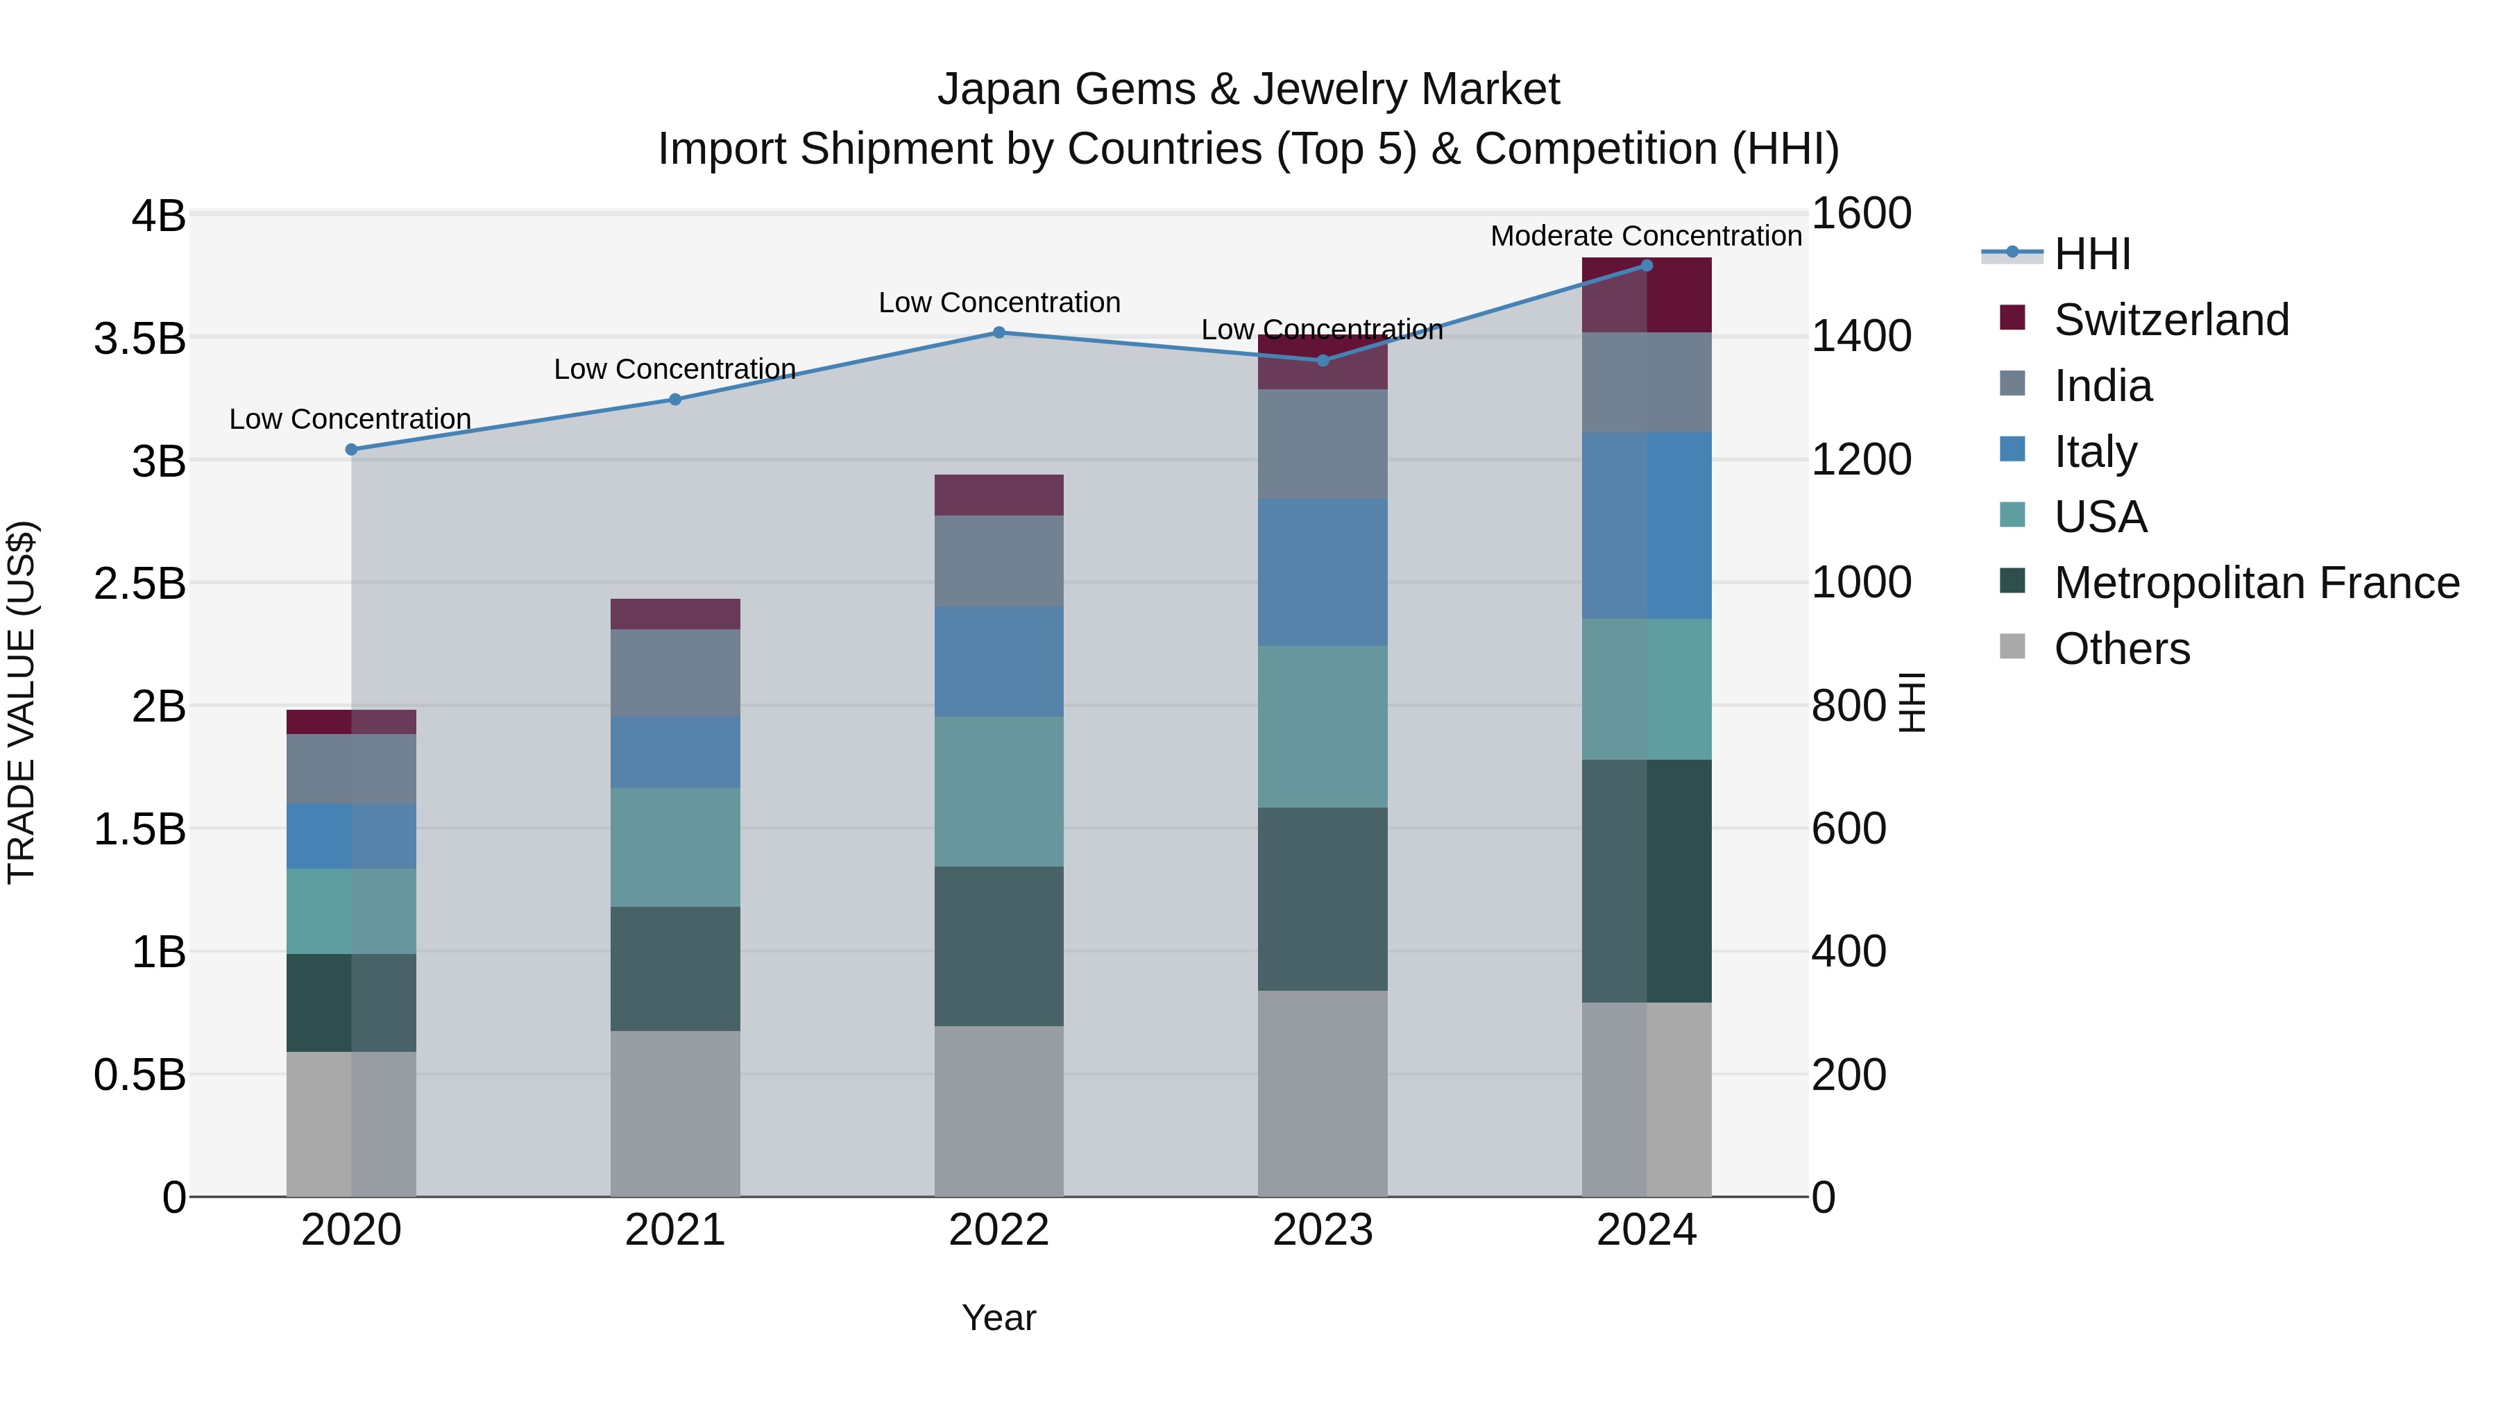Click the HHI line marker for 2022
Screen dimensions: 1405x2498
tap(999, 332)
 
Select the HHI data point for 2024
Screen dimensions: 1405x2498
tap(1647, 266)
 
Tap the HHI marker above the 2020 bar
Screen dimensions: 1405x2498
tap(351, 450)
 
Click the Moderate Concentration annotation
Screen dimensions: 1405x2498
tap(1646, 236)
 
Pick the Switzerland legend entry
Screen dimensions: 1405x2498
tap(2170, 320)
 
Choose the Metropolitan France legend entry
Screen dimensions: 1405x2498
tap(2256, 583)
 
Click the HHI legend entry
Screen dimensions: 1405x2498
tap(2091, 254)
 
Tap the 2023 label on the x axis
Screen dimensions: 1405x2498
tap(1323, 1230)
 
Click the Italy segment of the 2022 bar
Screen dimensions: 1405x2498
tap(999, 663)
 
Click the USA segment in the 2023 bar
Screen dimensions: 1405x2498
tap(1323, 727)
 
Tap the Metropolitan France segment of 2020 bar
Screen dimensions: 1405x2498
tap(351, 1003)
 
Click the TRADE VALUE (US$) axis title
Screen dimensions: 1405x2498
tap(22, 702)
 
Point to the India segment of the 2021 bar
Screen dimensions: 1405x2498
tap(675, 673)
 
